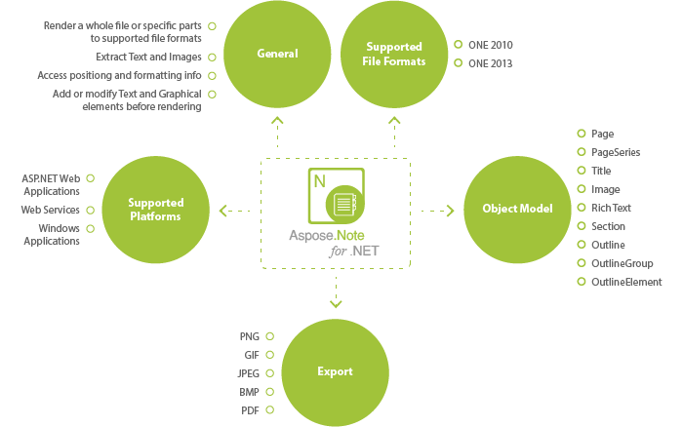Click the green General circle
tap(277, 54)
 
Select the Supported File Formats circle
tap(394, 54)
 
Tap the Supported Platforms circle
tap(155, 209)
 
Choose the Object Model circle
tap(517, 209)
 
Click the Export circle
tap(335, 371)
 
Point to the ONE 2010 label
tap(491, 45)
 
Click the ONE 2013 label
tap(491, 63)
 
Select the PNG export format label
tap(249, 336)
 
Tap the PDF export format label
tap(249, 410)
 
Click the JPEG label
tap(247, 373)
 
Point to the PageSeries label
tap(613, 152)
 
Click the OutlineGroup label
tap(622, 263)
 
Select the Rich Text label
tap(611, 208)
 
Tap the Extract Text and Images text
tap(148, 57)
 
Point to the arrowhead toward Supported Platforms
tap(224, 210)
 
